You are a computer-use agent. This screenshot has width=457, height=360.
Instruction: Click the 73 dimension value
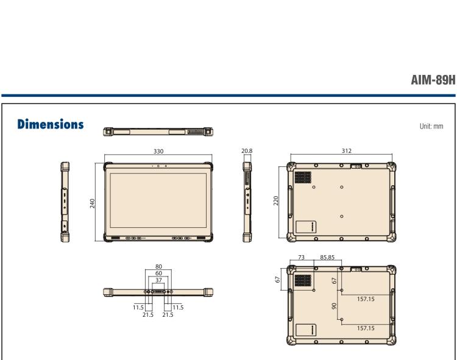point(302,258)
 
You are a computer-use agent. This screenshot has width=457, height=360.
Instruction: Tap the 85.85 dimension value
point(328,258)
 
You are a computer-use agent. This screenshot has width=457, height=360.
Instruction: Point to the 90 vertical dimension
point(335,306)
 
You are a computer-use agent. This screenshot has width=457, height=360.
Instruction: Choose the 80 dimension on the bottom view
point(158,267)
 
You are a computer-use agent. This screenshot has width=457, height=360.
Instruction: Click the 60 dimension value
point(158,274)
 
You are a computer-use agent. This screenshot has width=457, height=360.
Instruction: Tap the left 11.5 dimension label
point(138,308)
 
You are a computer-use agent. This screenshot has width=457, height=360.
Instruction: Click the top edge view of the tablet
point(158,131)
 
